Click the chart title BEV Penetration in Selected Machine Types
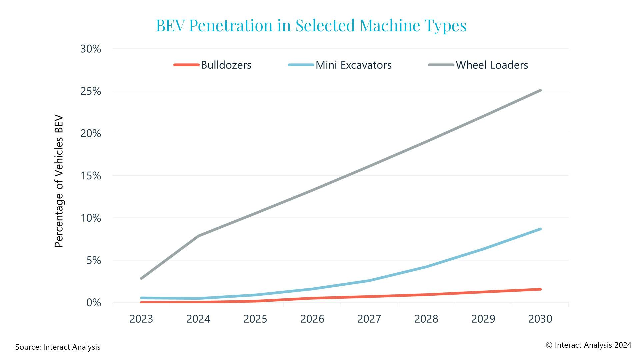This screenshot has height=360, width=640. click(311, 25)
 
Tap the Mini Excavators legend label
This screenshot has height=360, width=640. click(353, 65)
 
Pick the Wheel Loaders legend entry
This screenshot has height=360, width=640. click(492, 65)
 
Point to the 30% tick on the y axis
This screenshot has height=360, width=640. click(91, 49)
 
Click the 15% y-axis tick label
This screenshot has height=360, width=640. click(91, 176)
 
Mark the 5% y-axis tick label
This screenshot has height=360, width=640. click(94, 260)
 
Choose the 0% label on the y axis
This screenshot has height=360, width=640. click(94, 303)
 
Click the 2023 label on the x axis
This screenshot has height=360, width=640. click(141, 319)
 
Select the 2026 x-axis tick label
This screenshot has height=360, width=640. click(312, 319)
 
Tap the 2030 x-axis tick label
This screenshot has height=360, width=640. click(540, 319)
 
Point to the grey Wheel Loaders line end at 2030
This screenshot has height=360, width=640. click(540, 90)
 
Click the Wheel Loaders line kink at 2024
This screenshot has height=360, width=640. click(199, 236)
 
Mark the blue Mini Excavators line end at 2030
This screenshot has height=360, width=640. click(540, 229)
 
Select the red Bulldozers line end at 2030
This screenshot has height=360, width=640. click(540, 289)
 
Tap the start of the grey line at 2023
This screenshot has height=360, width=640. click(142, 278)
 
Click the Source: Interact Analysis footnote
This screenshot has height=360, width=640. click(58, 347)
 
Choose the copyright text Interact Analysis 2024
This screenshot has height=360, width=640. click(588, 345)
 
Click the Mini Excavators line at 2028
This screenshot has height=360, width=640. click(426, 267)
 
